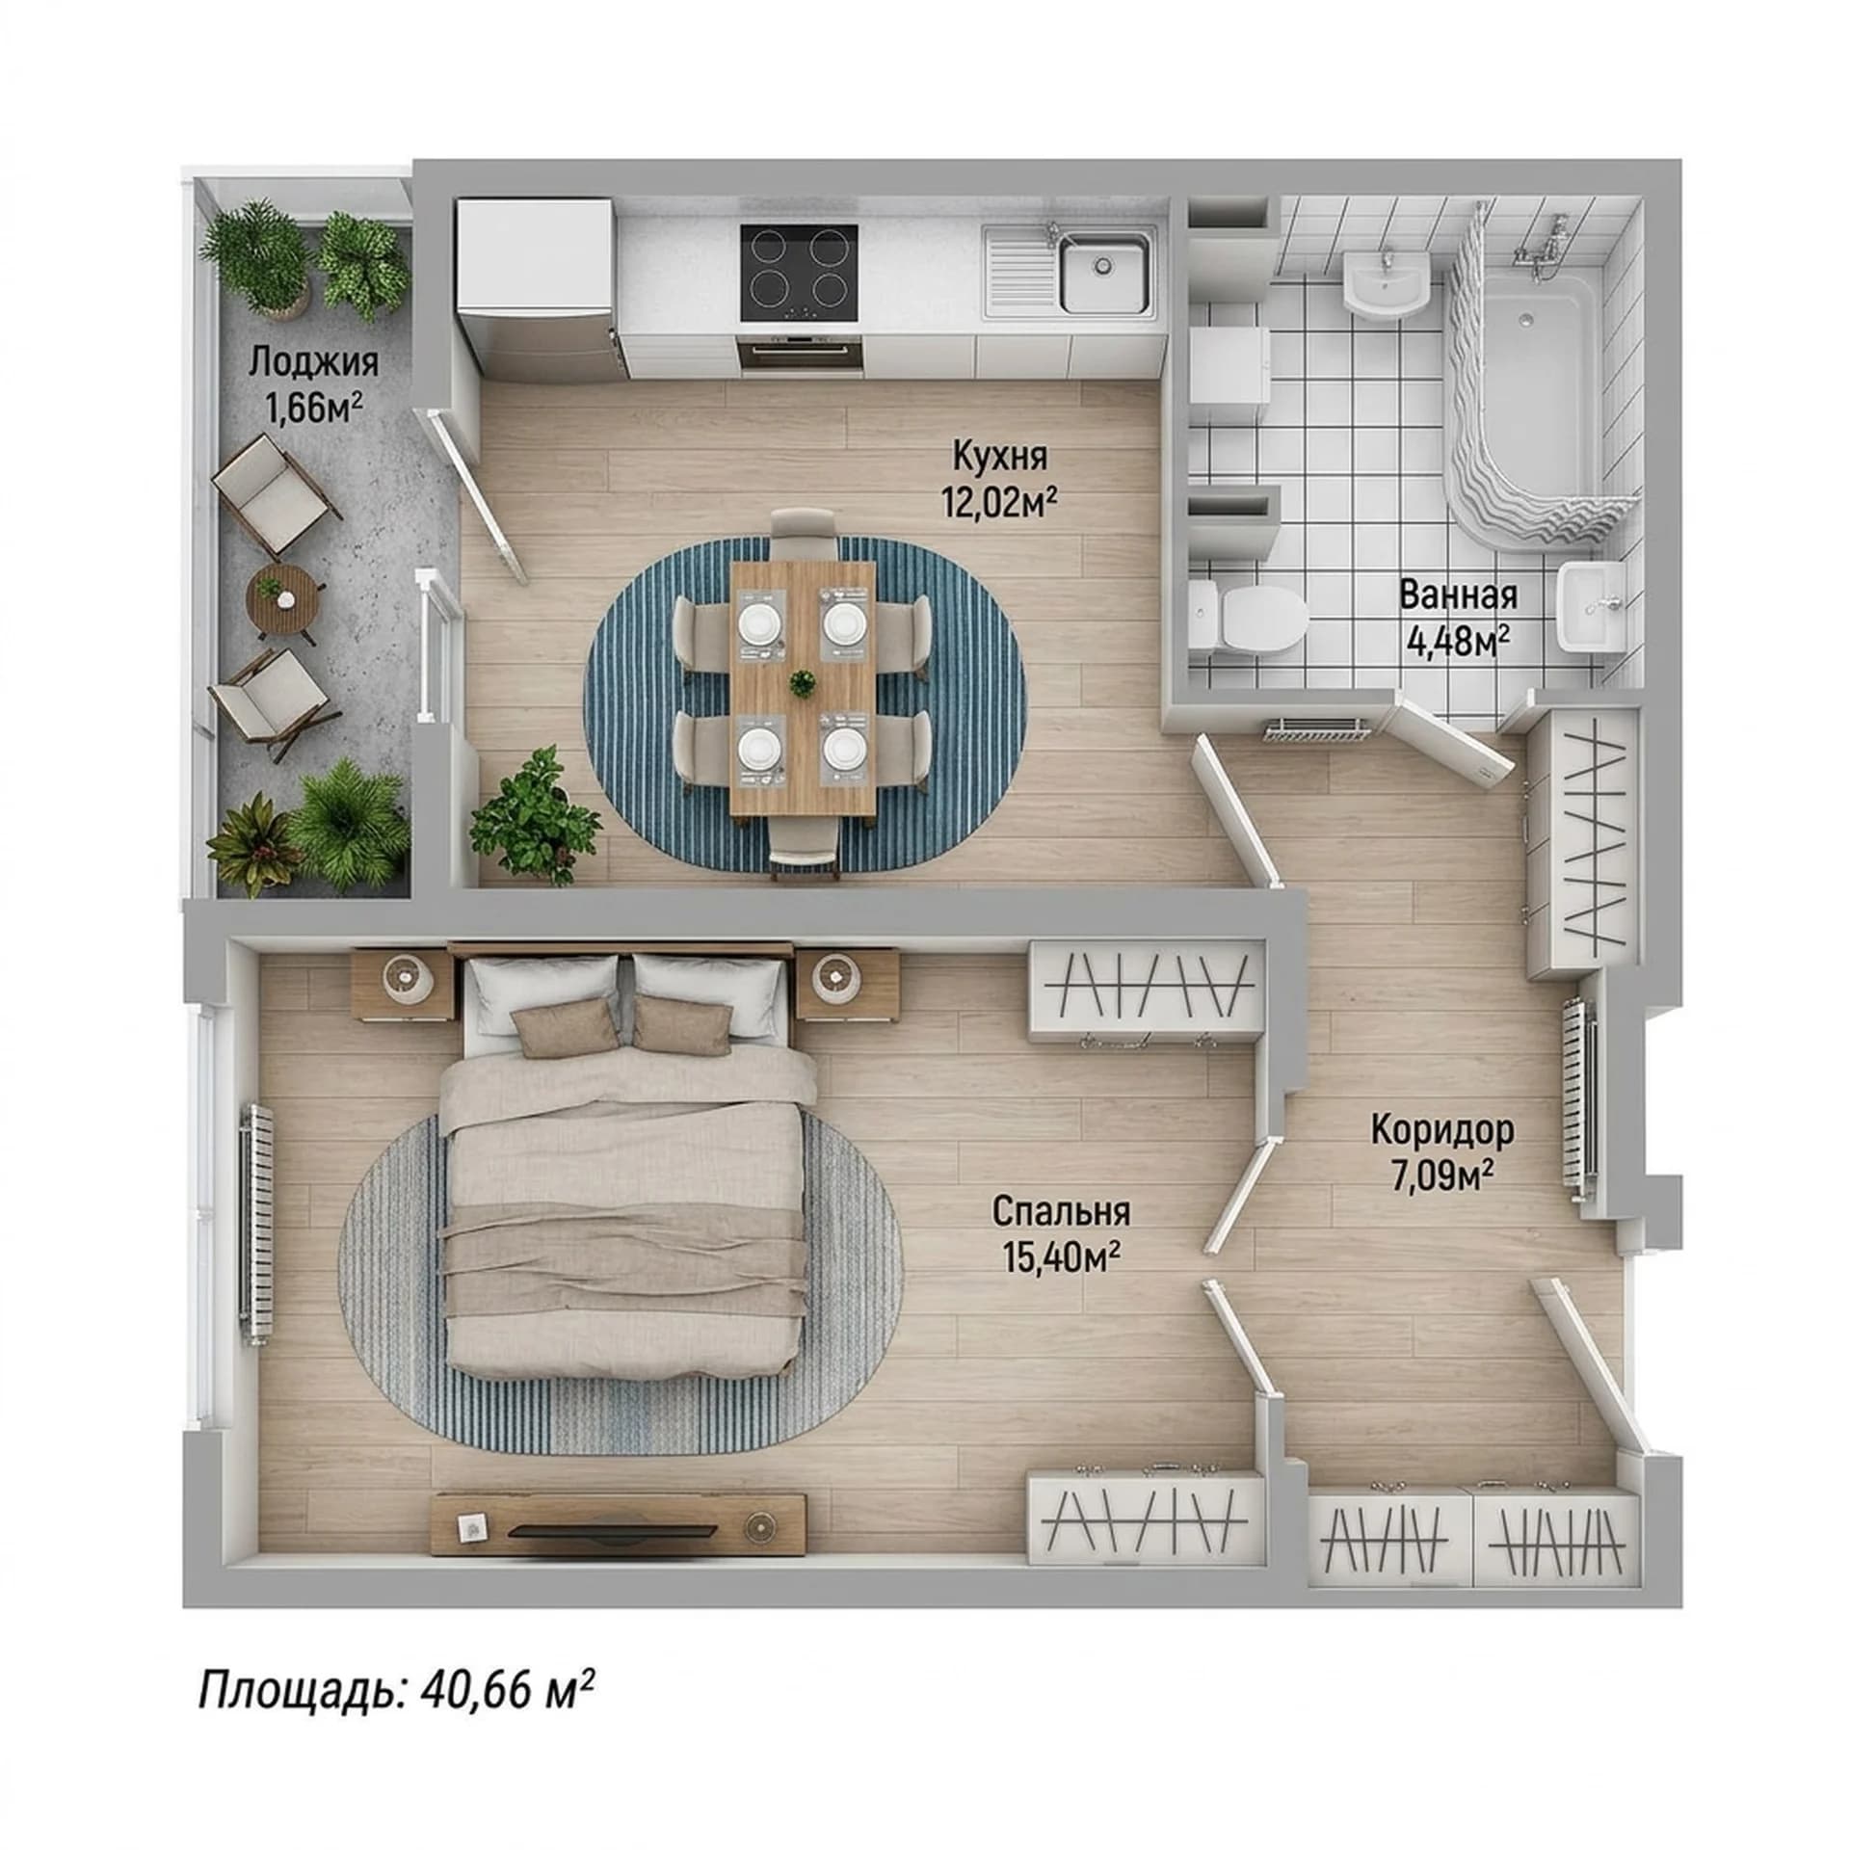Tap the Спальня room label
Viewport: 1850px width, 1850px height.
[1061, 1211]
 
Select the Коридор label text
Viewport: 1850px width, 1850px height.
[1442, 1129]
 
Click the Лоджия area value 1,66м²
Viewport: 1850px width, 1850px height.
[314, 406]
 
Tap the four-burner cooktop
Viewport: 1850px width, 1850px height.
[799, 274]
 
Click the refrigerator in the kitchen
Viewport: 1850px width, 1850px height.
[536, 289]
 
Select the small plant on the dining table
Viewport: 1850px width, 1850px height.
[802, 684]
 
